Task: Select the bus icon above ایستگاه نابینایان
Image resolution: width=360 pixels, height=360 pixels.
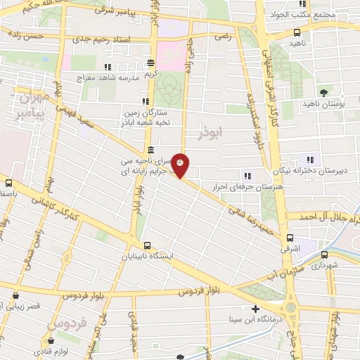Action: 147,245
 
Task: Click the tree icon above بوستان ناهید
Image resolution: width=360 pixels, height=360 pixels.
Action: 323,92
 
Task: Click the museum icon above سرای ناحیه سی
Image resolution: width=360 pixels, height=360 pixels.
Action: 150,149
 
